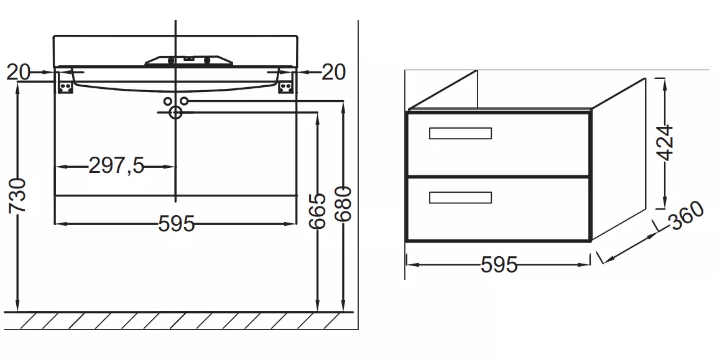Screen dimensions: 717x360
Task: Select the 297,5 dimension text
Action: point(116,165)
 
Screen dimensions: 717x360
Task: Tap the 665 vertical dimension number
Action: point(317,211)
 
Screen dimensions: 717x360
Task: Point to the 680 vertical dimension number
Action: point(343,203)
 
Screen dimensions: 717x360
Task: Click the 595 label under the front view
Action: point(177,224)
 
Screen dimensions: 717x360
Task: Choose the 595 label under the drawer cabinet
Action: point(499,264)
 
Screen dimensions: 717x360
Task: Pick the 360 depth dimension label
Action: point(687,216)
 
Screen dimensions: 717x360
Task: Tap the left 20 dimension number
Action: point(18,72)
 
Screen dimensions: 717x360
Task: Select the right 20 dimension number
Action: point(334,72)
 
